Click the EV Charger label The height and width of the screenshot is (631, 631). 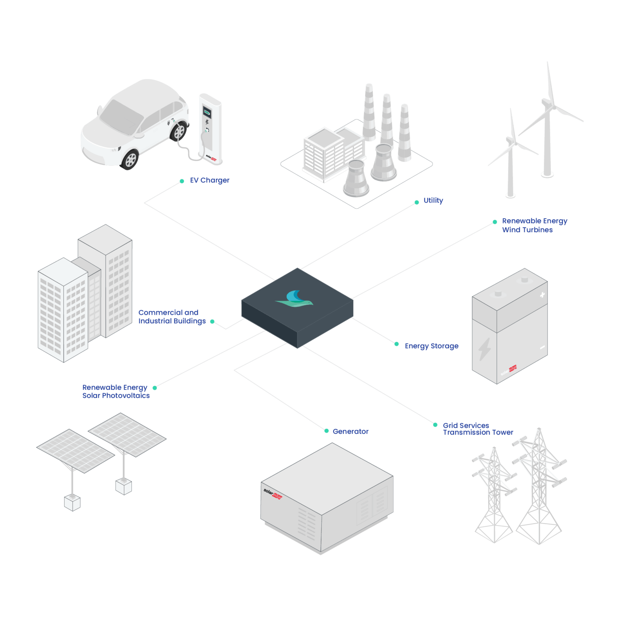point(210,180)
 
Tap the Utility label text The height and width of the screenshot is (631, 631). point(433,200)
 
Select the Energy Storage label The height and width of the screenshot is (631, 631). point(431,346)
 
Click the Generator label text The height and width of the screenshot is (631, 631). point(350,431)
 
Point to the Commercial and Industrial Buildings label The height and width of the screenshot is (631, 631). point(172,317)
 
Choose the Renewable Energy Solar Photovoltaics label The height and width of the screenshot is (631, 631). point(116,391)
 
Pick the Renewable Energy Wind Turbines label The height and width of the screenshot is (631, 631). point(534,226)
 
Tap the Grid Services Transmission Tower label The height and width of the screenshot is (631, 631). point(478,429)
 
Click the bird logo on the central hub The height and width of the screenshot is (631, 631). point(295,299)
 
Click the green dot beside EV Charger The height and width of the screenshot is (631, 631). point(182,181)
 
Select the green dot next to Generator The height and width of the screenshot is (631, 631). point(327,431)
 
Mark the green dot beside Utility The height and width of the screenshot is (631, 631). point(417,202)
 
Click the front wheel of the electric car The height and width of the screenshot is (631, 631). point(131,159)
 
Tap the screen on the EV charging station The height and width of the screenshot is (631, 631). point(207,111)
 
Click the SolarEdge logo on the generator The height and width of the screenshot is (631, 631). point(273,493)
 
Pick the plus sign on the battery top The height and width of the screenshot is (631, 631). point(542,295)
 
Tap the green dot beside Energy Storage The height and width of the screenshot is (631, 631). point(396,344)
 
